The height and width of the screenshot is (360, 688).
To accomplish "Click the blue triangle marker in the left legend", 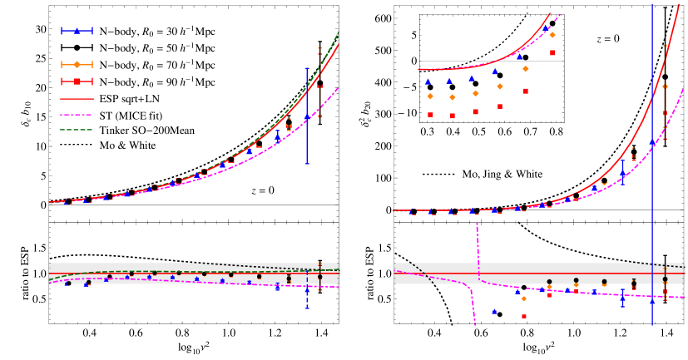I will click(x=77, y=31).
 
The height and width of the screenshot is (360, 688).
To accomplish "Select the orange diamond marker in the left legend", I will click(x=77, y=64).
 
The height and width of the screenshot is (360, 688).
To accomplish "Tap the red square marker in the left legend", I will click(x=77, y=81).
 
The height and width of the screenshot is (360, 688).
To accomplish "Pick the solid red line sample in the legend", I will click(x=77, y=98).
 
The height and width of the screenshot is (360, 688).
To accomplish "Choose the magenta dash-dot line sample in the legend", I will click(x=77, y=115).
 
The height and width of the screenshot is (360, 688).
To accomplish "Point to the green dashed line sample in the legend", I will click(x=77, y=130).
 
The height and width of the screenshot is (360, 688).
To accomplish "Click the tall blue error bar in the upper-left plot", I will click(x=307, y=116).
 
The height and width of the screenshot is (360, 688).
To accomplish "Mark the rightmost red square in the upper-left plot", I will click(x=320, y=83).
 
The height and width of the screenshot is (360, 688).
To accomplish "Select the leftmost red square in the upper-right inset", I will click(x=430, y=115).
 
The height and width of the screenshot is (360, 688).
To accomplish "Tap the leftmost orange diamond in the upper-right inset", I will click(x=430, y=96).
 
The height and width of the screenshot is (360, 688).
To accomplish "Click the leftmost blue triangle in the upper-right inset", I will click(x=428, y=81).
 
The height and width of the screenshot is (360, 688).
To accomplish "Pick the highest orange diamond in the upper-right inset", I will click(x=552, y=35).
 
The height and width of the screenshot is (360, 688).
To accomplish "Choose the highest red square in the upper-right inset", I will click(x=552, y=52).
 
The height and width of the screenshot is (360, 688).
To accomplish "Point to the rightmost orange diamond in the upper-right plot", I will click(x=665, y=86).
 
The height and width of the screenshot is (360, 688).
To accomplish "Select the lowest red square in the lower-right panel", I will click(x=524, y=316).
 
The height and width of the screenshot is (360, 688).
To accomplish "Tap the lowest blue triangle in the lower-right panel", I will click(x=494, y=311).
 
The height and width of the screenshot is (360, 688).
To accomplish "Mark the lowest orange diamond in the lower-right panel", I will click(x=523, y=298).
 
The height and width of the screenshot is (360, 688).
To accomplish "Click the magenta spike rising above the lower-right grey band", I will click(x=478, y=241).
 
